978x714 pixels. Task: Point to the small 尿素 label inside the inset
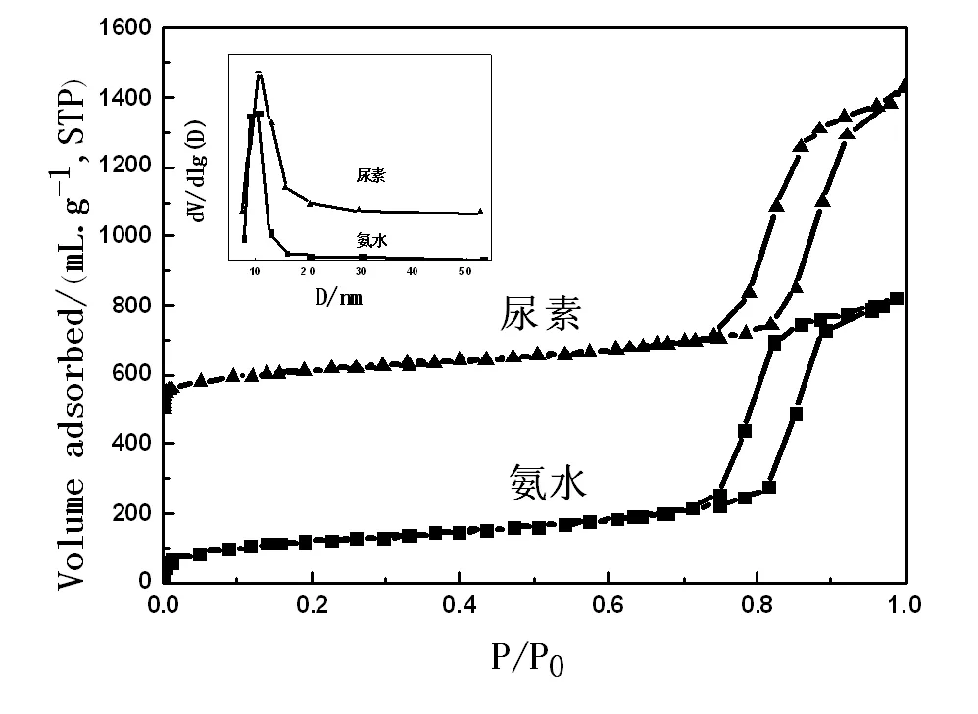[x=372, y=176]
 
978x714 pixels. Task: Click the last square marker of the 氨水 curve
[x=896, y=299]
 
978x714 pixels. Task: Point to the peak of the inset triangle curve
[x=259, y=74]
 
